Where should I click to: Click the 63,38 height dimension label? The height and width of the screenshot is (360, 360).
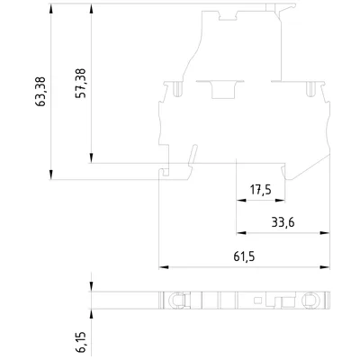40,92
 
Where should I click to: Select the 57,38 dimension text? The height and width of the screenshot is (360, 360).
80,84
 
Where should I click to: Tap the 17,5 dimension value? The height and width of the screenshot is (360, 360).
261,190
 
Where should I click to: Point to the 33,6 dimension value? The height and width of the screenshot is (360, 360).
283,222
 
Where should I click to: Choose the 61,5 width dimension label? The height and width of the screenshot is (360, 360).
244,256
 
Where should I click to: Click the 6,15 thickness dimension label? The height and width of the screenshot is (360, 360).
81,342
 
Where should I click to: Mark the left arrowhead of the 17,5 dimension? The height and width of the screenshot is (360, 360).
241,201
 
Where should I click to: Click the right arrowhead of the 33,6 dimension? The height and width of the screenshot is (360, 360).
325,233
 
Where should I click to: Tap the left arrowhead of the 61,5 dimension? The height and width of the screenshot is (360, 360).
164,267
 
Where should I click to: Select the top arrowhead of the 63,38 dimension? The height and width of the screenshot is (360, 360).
51,9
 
